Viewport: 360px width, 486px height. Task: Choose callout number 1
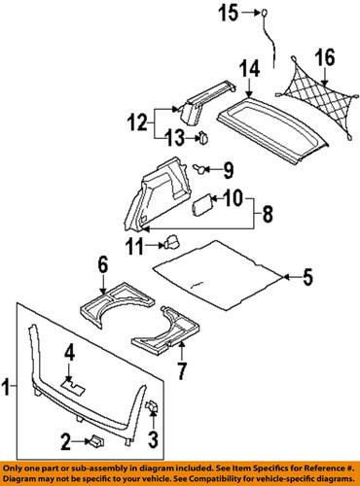pyautogui.click(x=9, y=391)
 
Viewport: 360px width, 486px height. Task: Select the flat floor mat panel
pyautogui.click(x=219, y=272)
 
